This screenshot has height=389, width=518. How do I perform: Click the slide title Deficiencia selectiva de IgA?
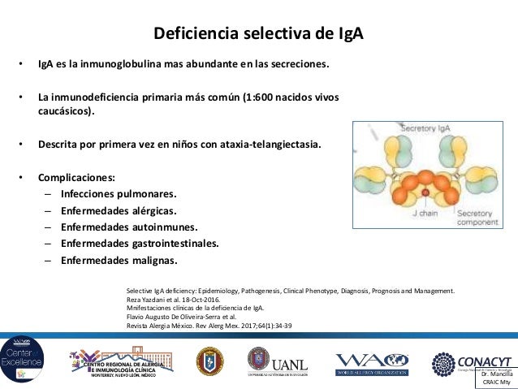[259, 35]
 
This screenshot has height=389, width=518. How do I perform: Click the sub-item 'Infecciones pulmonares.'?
[119, 194]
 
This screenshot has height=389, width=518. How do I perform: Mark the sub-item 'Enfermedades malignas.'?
[119, 260]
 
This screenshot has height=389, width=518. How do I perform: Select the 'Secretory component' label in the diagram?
[477, 218]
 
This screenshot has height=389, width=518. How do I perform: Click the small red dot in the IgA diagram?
[425, 192]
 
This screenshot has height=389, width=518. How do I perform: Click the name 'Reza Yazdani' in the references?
[146, 299]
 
